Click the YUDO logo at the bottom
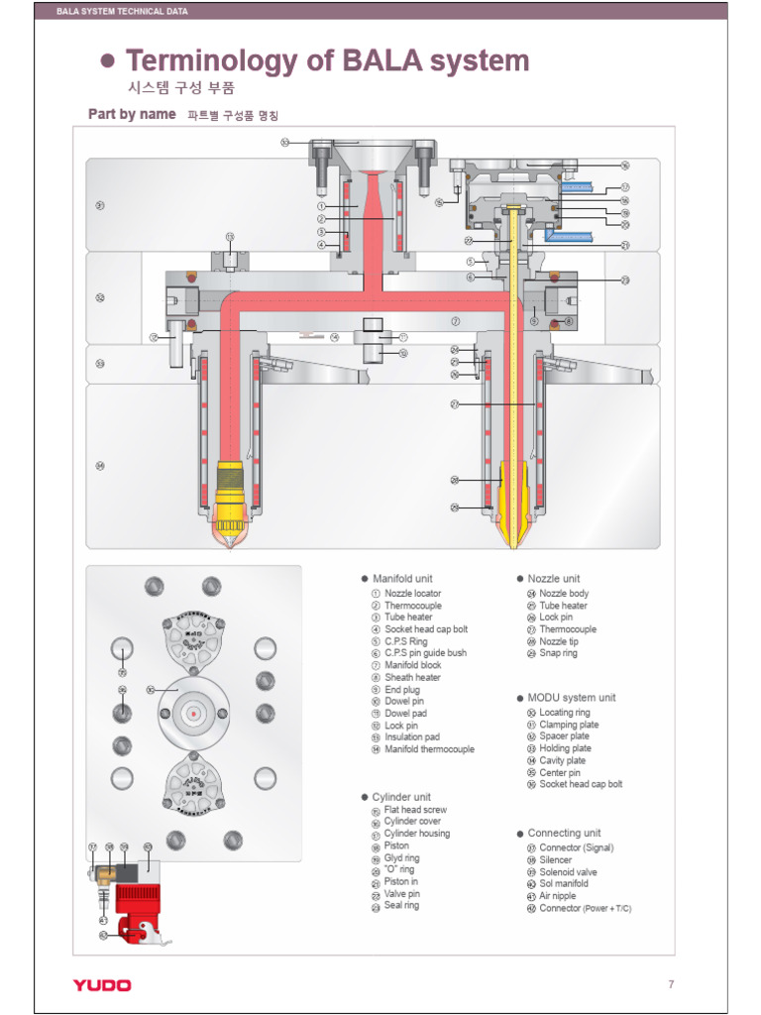click(101, 984)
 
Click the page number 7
click(671, 984)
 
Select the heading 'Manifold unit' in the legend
click(401, 578)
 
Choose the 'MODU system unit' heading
click(571, 697)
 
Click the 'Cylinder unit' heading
click(400, 797)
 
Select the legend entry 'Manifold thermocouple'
click(428, 749)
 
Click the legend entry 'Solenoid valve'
click(568, 872)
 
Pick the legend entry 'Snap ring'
click(558, 653)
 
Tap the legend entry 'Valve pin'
click(401, 893)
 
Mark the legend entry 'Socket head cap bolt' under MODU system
click(581, 784)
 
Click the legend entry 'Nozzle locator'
click(412, 594)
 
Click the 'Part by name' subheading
click(132, 114)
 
